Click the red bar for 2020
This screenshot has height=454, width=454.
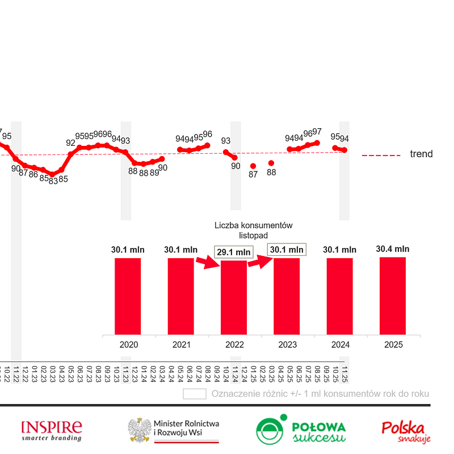click(128, 296)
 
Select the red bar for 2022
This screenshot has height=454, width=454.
click(234, 297)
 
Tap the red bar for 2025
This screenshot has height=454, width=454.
click(393, 296)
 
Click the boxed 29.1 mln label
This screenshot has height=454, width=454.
click(233, 251)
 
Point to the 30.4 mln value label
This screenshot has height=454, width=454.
click(393, 249)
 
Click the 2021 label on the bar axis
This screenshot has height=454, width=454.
click(181, 344)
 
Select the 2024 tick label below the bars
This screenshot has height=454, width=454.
click(340, 344)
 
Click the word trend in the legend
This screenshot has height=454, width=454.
click(421, 154)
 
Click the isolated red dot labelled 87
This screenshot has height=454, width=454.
click(253, 166)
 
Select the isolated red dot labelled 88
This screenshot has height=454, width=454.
click(271, 163)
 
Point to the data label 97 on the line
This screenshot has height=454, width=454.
click(317, 132)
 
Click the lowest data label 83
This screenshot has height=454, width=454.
click(53, 181)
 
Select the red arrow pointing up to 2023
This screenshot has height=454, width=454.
click(258, 261)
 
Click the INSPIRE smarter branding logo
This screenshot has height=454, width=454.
click(51, 431)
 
